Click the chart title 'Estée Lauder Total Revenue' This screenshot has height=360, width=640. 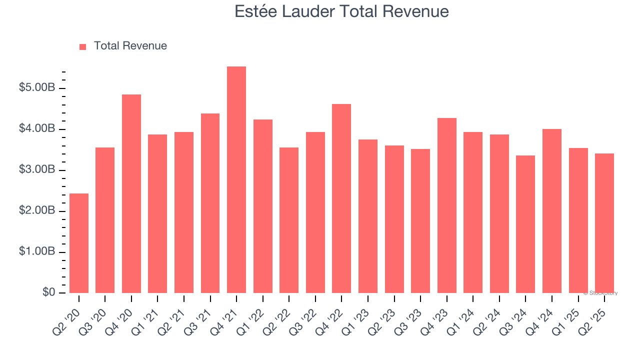tap(341, 11)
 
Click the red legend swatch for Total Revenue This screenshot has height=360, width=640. tap(82, 46)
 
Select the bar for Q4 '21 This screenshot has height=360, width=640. tap(236, 179)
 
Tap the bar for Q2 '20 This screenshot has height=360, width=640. tap(79, 243)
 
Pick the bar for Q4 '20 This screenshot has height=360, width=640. tap(131, 193)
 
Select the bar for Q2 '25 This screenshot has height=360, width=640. tap(604, 223)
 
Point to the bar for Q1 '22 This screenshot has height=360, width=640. tap(263, 206)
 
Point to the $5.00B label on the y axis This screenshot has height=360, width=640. tap(37, 88)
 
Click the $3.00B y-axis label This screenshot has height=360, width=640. tap(37, 170)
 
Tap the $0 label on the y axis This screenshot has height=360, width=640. tap(48, 292)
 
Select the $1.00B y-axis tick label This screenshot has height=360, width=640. tap(37, 252)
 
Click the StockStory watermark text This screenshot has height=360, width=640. tap(600, 293)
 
